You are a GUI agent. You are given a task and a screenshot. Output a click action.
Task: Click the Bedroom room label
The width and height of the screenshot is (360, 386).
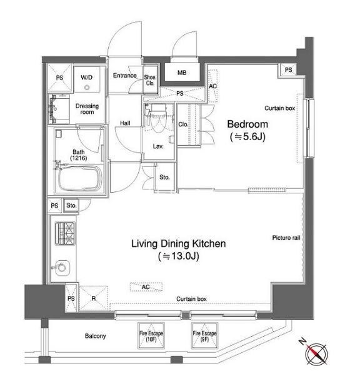pos(247,124)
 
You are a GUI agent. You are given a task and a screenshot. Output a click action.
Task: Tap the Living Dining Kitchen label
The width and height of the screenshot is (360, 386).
pos(179,243)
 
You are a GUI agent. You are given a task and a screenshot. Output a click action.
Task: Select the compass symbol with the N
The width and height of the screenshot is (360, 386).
pos(315,352)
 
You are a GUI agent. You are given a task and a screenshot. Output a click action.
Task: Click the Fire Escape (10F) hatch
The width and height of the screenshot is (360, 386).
pos(151,335)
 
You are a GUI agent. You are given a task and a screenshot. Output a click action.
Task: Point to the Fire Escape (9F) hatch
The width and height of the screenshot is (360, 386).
pos(204,335)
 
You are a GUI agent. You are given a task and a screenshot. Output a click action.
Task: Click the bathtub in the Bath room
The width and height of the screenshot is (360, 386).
pos(80,178)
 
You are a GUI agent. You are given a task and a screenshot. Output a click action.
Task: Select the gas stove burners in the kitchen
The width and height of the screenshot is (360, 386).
pos(65,233)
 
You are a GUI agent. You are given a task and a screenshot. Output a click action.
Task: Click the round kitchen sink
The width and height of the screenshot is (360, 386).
pos(62,268)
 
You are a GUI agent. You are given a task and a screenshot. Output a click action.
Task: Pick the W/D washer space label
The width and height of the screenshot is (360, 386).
pos(86,78)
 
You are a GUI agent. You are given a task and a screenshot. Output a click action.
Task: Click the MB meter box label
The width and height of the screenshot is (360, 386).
pos(182,73)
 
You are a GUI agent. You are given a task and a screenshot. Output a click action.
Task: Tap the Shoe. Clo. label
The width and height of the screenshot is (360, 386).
pos(150,80)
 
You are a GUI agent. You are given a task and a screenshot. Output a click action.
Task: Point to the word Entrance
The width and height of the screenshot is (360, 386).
pos(124,76)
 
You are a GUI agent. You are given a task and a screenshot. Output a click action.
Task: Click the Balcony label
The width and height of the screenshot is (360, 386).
pos(96,336)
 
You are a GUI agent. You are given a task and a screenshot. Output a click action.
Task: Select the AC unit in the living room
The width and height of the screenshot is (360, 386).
pos(146,287)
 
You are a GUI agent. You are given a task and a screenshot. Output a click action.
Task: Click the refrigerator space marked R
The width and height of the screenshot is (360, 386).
pos(94,298)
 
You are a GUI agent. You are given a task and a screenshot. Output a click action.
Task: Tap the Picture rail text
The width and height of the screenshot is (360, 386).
pos(286,238)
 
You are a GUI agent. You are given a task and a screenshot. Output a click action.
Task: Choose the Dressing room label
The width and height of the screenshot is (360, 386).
pos(87,109)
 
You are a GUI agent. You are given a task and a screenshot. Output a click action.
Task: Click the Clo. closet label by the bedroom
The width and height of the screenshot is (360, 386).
pos(183,124)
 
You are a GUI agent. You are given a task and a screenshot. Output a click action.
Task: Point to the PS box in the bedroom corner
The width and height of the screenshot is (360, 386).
pos(289,70)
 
